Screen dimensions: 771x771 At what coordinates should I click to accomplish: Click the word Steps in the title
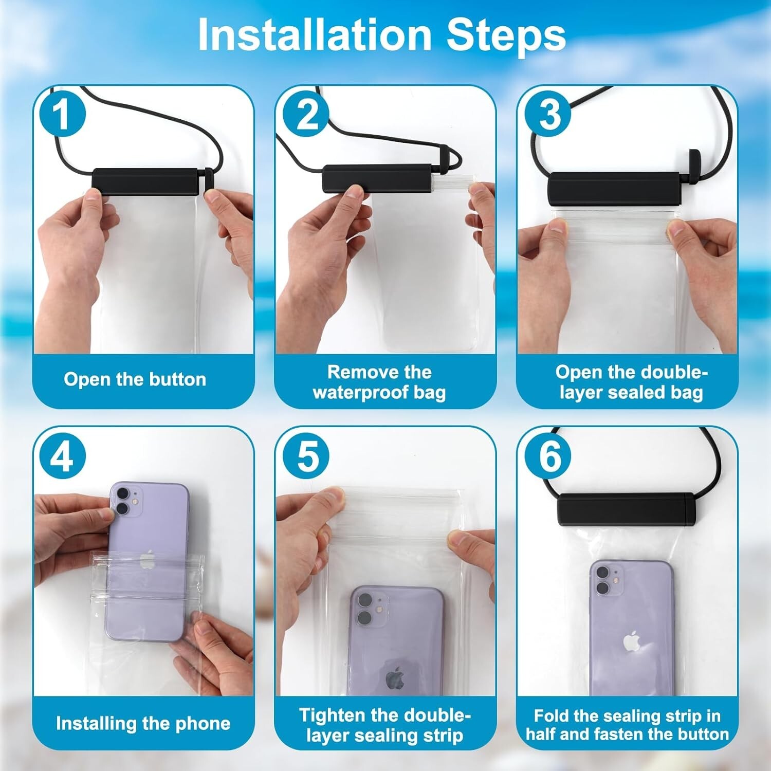click(506, 35)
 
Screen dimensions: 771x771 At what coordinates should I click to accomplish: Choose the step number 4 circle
click(62, 456)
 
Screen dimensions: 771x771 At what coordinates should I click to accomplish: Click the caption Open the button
click(135, 379)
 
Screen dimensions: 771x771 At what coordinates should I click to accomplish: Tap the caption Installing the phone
click(143, 723)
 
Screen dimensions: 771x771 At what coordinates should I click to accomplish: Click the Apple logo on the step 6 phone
click(631, 642)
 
